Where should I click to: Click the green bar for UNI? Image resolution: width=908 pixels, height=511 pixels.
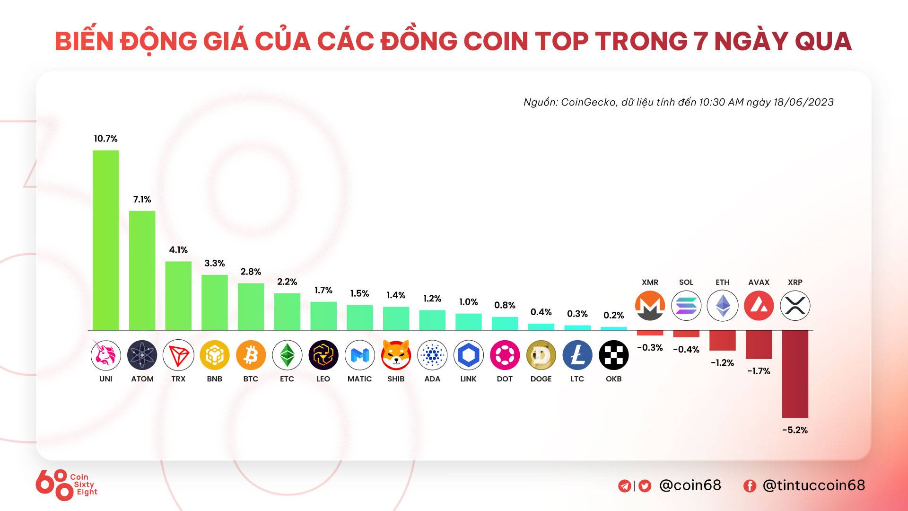coord(105,240)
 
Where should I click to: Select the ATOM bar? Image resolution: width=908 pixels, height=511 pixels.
coord(142,271)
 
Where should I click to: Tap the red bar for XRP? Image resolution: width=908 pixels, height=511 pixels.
coord(795,374)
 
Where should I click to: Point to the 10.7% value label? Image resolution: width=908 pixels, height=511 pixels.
coord(105,139)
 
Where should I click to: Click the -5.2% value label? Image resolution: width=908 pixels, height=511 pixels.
coord(795,430)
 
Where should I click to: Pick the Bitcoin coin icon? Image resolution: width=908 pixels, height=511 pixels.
coord(251,355)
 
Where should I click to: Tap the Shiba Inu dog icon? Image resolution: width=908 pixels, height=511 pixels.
coord(396,355)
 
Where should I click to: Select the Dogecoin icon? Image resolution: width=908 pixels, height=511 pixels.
coord(541,355)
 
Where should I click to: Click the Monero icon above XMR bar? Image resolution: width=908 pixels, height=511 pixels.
coord(650,306)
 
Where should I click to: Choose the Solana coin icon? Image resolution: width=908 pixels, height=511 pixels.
coord(686,306)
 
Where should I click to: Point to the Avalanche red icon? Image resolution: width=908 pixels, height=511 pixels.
coord(759,306)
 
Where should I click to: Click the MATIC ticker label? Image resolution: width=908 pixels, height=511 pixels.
coord(359,379)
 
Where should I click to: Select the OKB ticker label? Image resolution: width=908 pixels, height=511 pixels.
coord(613,379)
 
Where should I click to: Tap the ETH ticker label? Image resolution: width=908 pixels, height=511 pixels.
coord(722,282)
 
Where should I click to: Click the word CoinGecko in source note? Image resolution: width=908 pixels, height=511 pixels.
coord(588,102)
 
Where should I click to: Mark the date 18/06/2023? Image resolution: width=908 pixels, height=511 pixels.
coord(803,102)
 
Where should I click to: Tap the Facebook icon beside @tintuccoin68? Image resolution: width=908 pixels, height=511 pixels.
coord(750,486)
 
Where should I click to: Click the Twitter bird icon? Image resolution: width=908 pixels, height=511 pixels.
coord(645,486)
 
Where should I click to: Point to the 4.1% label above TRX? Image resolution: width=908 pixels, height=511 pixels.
coord(178,250)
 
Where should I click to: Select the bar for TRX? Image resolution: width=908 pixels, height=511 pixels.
coord(178,296)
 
